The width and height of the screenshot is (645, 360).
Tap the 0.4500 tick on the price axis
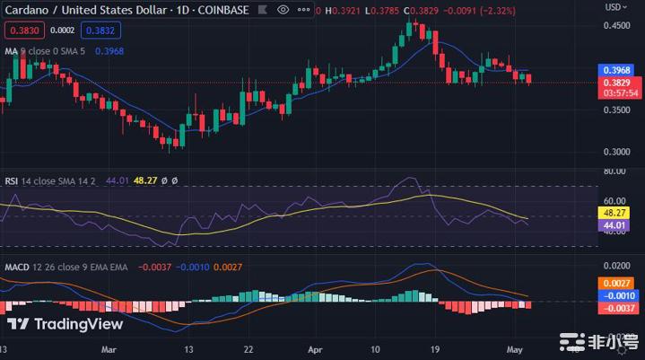[616, 25]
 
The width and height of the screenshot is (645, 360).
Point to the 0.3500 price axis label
[616, 110]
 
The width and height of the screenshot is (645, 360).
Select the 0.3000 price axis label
[616, 152]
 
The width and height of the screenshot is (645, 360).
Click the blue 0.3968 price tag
[617, 69]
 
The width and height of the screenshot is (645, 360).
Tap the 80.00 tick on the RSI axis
[614, 171]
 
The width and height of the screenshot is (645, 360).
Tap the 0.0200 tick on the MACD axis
[616, 267]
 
